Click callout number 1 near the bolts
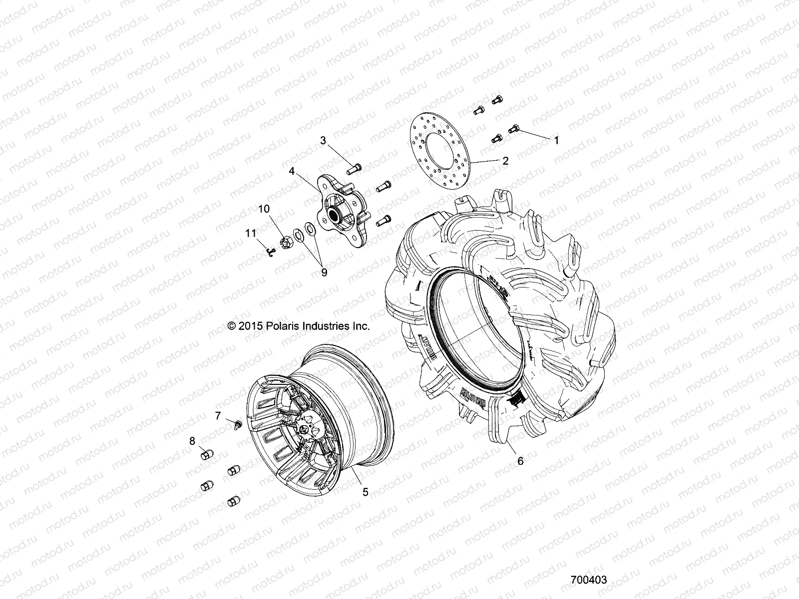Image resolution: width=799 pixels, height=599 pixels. [556, 141]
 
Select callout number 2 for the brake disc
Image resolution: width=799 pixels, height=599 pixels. [505, 161]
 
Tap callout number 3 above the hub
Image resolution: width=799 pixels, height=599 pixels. [323, 141]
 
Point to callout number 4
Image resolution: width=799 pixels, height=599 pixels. [292, 171]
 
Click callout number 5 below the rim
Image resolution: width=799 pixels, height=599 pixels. [365, 492]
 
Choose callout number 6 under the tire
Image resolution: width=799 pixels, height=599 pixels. [520, 461]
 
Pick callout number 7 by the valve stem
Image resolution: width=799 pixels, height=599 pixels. [218, 415]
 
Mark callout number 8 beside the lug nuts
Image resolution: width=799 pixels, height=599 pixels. [192, 441]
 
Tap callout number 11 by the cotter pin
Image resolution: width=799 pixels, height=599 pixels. [250, 233]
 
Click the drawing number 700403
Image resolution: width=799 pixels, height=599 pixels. [589, 580]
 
